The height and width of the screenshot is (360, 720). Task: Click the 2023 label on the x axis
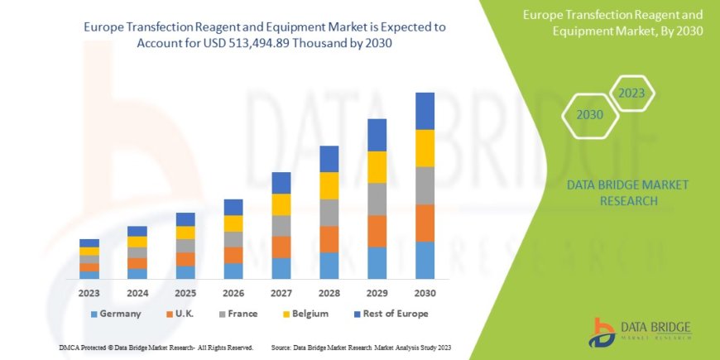(89, 293)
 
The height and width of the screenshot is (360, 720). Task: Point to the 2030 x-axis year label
(425, 293)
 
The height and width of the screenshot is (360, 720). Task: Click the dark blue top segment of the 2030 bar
(425, 111)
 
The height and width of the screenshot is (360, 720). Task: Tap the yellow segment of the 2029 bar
(377, 167)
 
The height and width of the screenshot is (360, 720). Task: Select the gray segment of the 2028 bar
(329, 213)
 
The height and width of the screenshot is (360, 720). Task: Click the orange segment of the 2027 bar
(281, 247)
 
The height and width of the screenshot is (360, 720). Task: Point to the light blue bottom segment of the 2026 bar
(233, 271)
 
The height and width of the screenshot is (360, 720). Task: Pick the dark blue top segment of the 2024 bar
(137, 231)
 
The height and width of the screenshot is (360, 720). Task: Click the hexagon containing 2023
(631, 94)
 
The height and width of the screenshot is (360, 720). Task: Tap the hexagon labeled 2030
(589, 115)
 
